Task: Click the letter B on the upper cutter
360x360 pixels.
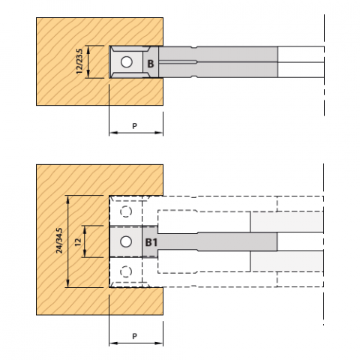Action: point(151,64)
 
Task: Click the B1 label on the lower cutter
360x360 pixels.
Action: point(151,242)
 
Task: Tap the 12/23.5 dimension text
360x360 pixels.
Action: point(79,61)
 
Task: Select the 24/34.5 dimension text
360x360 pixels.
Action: point(59,241)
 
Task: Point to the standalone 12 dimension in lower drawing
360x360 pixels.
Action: point(78,241)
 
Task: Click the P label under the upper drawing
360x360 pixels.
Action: point(134,126)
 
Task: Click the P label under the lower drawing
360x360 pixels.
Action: point(134,336)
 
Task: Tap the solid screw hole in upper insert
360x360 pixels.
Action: point(127,61)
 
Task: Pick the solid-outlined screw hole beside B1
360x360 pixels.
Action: point(126,241)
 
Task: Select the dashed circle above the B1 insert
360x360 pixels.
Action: point(126,211)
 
